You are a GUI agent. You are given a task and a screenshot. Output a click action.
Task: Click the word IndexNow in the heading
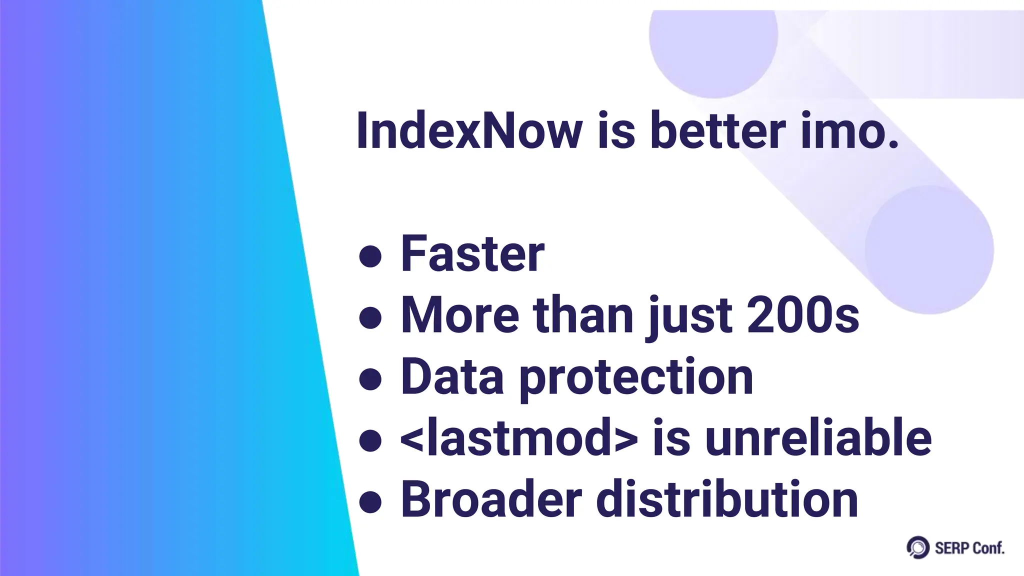pyautogui.click(x=469, y=130)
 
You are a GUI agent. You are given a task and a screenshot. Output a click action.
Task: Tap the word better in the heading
pyautogui.click(x=717, y=130)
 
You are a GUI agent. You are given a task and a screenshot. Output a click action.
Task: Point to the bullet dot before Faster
pyautogui.click(x=370, y=257)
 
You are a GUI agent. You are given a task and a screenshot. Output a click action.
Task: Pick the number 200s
pyautogui.click(x=803, y=315)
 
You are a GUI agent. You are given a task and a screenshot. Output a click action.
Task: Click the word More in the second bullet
pyautogui.click(x=460, y=315)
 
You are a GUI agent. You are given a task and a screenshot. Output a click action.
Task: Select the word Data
pyautogui.click(x=452, y=377)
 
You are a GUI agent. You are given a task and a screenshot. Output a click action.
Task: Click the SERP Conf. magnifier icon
pyautogui.click(x=917, y=547)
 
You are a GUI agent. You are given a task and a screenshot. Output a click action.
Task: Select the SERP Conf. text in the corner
pyautogui.click(x=969, y=548)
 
